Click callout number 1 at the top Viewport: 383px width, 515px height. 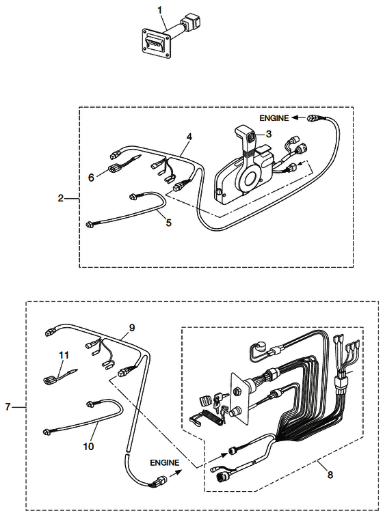point(160,10)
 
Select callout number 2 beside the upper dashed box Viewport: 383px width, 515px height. point(60,198)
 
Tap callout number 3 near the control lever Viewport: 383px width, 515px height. point(269,134)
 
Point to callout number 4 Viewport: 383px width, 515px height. point(189,137)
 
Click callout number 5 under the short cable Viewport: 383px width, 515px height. point(169,223)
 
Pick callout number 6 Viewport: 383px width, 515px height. point(91,178)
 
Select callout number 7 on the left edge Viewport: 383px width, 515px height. point(8,407)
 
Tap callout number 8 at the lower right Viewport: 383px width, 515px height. point(330,475)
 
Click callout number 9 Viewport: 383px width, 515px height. point(132,327)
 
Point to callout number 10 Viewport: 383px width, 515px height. point(88,446)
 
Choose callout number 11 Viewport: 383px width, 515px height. point(64,355)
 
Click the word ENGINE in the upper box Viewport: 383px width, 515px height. point(274,118)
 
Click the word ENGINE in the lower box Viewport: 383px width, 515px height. point(165,463)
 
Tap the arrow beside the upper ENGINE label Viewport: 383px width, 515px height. point(298,118)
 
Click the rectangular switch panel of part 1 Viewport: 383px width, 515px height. point(156,43)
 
